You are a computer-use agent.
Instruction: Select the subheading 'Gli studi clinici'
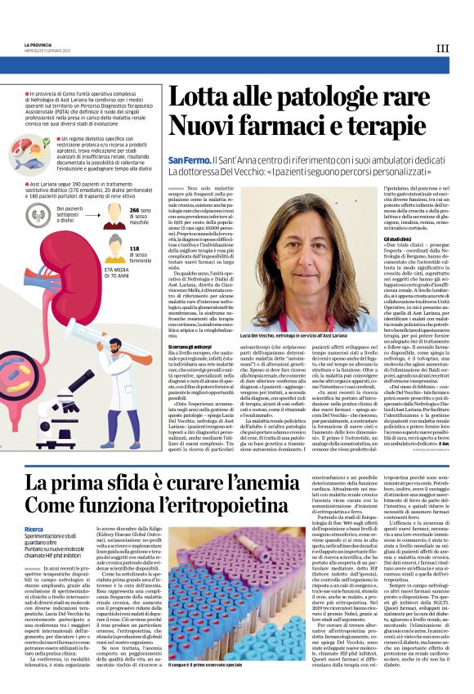387,238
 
